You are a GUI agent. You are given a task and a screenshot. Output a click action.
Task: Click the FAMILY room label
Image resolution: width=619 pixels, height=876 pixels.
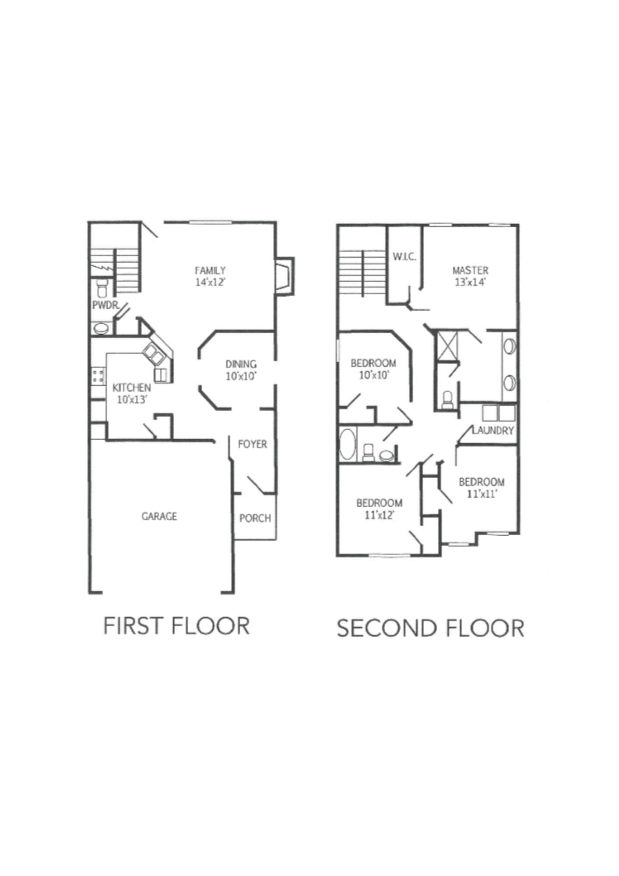(210, 271)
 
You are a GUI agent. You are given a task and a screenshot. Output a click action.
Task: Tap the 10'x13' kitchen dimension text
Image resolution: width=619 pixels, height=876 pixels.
(131, 399)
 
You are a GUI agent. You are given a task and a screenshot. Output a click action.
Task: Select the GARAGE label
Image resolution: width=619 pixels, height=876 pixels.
(159, 516)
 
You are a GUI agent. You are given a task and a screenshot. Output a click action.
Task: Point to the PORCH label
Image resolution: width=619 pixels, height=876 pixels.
(255, 519)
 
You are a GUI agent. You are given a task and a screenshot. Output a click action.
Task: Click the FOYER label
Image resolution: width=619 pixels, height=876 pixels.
(253, 444)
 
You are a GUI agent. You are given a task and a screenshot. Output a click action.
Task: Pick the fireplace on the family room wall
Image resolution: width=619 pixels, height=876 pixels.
(285, 276)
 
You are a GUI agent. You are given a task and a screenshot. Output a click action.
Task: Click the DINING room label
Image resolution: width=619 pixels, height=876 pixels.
(241, 364)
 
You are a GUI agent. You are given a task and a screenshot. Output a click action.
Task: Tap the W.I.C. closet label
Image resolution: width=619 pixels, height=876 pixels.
(404, 257)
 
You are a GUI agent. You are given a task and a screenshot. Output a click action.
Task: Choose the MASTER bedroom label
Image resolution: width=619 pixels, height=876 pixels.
(470, 270)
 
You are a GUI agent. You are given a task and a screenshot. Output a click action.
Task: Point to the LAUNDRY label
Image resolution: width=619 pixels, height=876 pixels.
(493, 431)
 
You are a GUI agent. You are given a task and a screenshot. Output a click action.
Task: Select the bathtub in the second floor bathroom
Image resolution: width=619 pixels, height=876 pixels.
(348, 445)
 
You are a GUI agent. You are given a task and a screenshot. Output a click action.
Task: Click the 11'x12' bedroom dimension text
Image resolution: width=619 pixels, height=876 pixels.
(380, 515)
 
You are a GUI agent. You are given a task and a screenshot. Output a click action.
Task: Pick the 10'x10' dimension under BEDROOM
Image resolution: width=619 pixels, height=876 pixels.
(373, 375)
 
